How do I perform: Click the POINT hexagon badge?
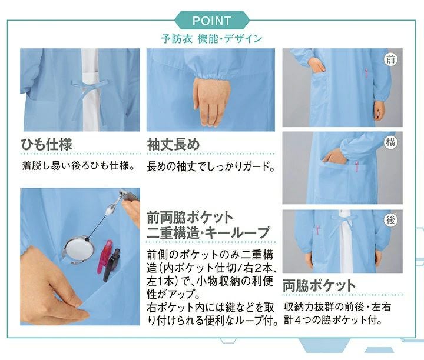coord(212,21)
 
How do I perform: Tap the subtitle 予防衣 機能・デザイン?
coord(212,39)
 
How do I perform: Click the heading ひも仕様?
coord(47,144)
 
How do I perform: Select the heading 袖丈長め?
coord(173,144)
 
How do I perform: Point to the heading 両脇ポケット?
coord(319,285)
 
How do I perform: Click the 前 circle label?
coord(390,59)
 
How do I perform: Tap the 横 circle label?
coord(390,142)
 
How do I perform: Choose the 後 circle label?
coord(390,220)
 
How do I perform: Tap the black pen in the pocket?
coord(112,265)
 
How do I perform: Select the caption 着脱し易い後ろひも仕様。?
coord(79,165)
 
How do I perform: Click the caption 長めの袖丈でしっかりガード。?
coord(211,166)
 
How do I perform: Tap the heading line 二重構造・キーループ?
coord(208,233)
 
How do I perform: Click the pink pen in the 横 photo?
coord(357,166)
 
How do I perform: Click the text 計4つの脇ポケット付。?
coord(333,321)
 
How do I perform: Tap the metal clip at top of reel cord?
coord(124,195)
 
